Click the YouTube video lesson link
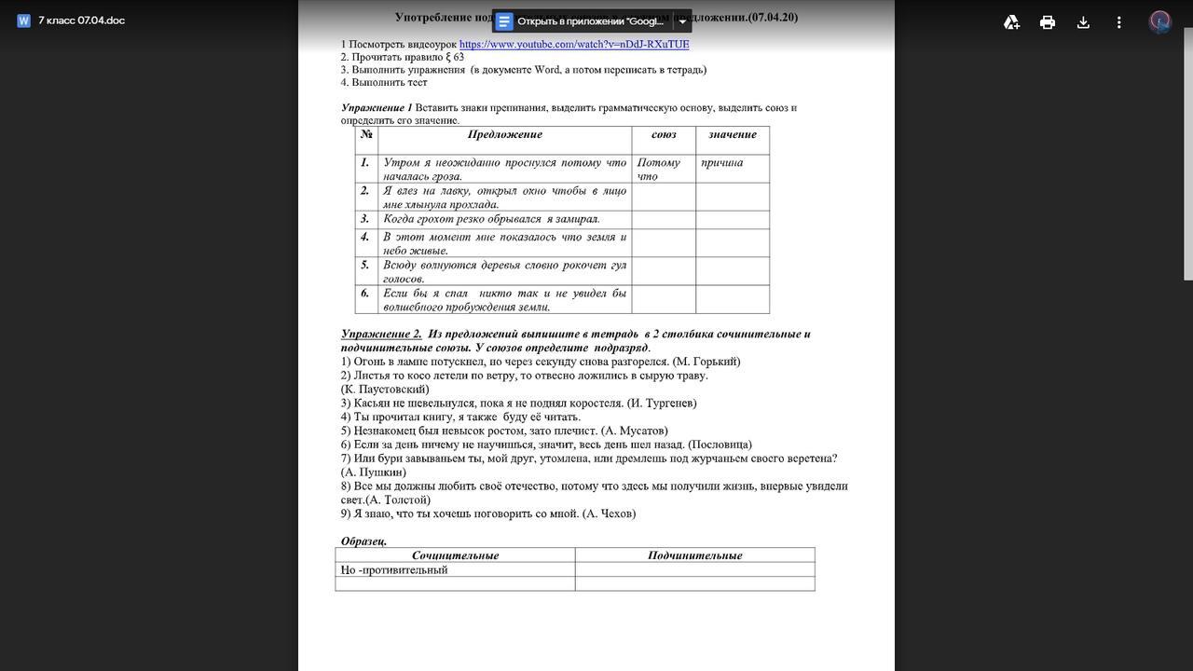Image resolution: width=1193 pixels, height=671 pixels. click(574, 44)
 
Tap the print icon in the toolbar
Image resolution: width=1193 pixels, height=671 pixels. click(1048, 22)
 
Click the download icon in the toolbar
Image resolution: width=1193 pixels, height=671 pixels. click(1083, 22)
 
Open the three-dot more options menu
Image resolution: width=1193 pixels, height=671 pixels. click(1118, 22)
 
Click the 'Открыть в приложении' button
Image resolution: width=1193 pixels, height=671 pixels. click(582, 21)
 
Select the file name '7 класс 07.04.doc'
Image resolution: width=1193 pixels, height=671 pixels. click(81, 21)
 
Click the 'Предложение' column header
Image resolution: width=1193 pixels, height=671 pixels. click(504, 135)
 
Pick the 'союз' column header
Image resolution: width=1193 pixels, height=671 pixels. click(664, 135)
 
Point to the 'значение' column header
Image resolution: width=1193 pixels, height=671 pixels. click(733, 135)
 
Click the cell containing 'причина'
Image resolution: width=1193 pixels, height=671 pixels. click(722, 163)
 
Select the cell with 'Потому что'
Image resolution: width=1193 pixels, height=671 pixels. click(659, 169)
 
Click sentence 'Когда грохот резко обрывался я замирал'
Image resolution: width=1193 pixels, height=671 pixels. click(491, 219)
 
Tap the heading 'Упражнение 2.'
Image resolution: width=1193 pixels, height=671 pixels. click(381, 334)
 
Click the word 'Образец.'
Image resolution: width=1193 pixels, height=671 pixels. click(363, 541)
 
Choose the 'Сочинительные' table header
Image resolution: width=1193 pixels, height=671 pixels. click(455, 555)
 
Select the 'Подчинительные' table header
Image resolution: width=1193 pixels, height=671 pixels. click(694, 555)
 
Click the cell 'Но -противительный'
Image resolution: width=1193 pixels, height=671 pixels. click(395, 570)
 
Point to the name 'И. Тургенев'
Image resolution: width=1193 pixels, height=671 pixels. click(662, 404)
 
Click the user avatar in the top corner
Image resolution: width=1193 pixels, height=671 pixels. click(1159, 21)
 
